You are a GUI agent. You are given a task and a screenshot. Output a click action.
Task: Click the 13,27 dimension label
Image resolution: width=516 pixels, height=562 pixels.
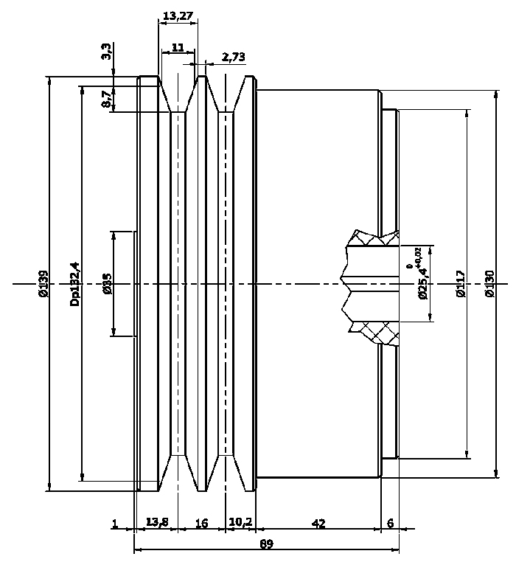coord(178,15)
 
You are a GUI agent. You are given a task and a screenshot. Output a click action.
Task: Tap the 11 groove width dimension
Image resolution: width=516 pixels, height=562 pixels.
coord(178,47)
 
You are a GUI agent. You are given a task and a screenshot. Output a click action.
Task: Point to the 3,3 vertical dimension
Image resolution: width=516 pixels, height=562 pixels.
coord(107,52)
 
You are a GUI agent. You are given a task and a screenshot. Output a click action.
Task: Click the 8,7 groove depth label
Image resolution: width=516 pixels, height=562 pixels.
coord(107,100)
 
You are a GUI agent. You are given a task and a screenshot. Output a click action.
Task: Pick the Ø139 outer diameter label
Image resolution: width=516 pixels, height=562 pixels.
coord(43,284)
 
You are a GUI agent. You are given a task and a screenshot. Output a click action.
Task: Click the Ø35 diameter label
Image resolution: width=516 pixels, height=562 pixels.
coord(108,284)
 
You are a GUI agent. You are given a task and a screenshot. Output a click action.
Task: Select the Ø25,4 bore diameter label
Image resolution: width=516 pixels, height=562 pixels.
coord(422,284)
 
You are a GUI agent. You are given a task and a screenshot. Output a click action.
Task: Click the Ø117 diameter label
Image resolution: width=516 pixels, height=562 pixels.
coord(461,284)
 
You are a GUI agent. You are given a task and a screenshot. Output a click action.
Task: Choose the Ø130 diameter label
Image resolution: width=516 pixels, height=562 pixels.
coord(490,284)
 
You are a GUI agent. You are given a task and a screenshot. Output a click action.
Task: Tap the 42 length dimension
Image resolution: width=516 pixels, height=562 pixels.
coord(318,524)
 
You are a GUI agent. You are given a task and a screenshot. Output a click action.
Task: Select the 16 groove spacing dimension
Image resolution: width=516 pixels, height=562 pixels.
coord(201,524)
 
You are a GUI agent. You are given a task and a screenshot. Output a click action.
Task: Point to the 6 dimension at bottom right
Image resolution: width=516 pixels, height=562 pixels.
coord(390,524)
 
